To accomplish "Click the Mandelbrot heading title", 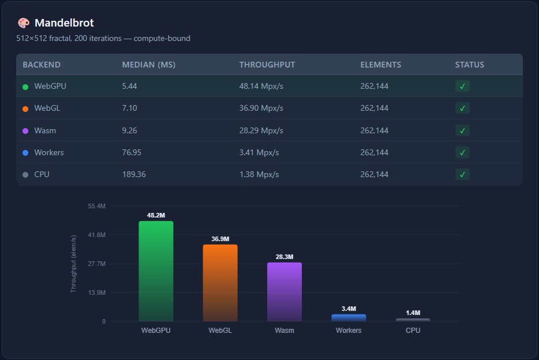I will tap(64, 23).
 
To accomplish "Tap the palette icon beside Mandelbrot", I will tap(24, 23).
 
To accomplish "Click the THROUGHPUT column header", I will tap(267, 65).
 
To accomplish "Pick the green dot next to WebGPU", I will tap(25, 87).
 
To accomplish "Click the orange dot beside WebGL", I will tap(25, 108).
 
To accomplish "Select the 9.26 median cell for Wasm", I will tap(129, 130).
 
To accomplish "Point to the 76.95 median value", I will tap(132, 152).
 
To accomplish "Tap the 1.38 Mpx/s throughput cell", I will tap(259, 174).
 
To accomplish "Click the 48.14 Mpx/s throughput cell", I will tap(261, 86).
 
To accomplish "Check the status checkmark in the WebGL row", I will tap(462, 108).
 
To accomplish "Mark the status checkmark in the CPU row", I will tap(462, 174).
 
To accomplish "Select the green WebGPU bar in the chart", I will tap(156, 271).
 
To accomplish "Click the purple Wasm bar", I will tap(284, 292).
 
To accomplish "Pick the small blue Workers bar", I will tap(349, 318).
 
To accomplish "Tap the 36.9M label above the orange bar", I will tap(220, 239).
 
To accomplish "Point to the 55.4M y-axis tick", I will tap(96, 206).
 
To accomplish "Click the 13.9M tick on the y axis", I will tap(96, 292).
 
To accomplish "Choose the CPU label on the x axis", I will tap(413, 331).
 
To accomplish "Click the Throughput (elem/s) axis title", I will tap(73, 264).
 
